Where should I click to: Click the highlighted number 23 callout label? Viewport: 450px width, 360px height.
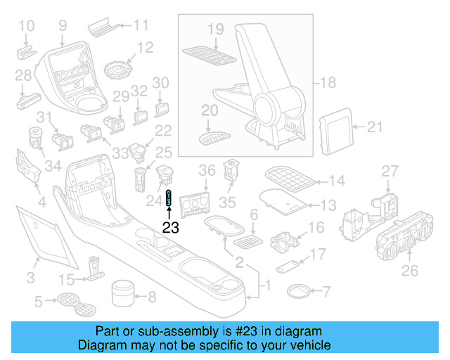[171, 227]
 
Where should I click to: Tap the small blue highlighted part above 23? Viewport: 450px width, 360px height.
[169, 199]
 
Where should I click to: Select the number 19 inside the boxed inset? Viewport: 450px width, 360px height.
[216, 29]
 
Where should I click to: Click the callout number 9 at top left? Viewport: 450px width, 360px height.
[63, 26]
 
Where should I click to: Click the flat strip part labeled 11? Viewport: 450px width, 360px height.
[103, 29]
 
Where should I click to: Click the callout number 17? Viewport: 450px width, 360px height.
[319, 253]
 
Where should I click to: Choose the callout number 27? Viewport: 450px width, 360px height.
[390, 171]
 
